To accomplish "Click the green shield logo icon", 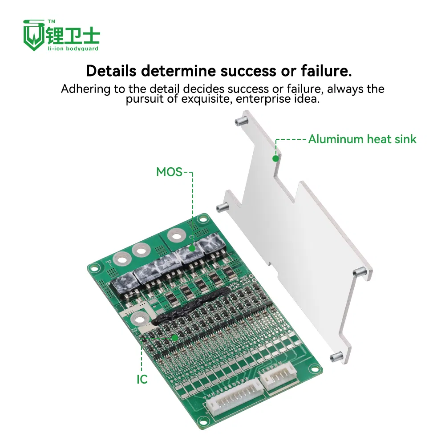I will point(34,35).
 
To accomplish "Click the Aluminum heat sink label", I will point(362,139).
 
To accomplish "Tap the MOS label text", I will point(169,172).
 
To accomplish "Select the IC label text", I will point(142,379).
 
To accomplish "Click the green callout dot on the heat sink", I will point(275,158).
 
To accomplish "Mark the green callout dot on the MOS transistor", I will point(192,248).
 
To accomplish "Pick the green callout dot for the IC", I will point(175,338).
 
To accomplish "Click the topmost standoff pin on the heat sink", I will point(241,120).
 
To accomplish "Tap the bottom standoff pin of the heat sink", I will point(337,356).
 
